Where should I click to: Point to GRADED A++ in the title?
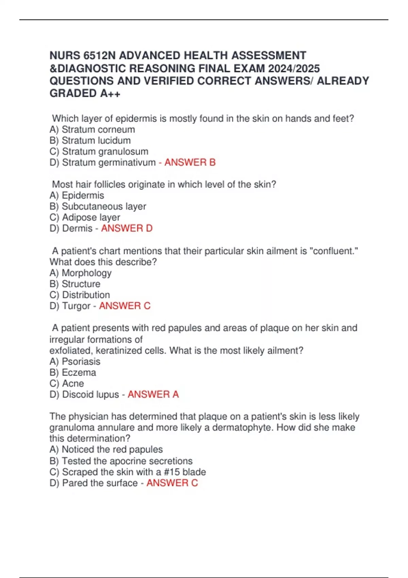[85, 93]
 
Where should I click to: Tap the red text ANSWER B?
[190, 163]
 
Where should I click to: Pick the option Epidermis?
[83, 195]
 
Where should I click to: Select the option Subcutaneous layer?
[104, 206]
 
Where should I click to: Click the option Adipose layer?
[91, 217]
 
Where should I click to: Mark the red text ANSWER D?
[127, 228]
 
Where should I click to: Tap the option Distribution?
[86, 295]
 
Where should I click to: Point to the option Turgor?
[76, 306]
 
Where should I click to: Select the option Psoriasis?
[81, 361]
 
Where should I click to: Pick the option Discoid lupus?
[90, 394]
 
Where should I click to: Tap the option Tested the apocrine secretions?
[127, 461]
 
